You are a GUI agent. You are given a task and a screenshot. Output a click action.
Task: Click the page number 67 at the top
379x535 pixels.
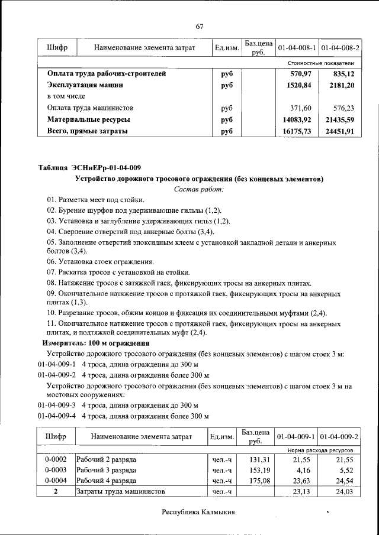coord(200,25)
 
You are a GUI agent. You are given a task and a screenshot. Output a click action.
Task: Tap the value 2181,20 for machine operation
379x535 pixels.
coord(342,85)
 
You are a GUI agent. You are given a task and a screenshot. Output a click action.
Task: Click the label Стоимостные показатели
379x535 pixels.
coord(321,63)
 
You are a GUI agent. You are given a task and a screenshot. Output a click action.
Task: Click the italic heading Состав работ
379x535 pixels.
coord(199,189)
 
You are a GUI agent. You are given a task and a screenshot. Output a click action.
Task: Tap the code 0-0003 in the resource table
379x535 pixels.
coord(55,470)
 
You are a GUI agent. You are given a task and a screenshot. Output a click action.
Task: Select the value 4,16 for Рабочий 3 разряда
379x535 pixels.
coord(306,470)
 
